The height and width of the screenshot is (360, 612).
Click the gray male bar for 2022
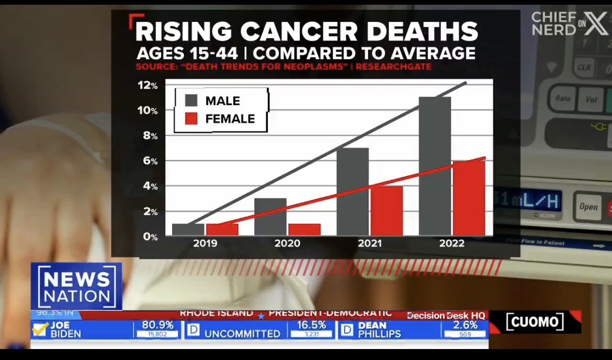coord(435,166)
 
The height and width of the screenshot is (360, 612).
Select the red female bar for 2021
coord(387,210)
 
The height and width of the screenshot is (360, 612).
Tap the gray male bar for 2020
coord(270,217)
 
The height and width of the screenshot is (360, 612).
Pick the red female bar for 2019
coord(222,229)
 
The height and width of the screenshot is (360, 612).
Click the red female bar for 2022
coord(469,198)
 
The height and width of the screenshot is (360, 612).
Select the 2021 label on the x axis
coord(370,243)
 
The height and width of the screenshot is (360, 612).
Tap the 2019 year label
coord(205,243)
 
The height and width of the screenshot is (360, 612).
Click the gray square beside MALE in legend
coord(191,100)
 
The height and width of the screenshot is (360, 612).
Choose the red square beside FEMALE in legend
coord(191,119)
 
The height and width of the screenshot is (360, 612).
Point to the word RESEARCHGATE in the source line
coord(394,67)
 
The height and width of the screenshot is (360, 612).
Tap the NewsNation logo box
coord(76,287)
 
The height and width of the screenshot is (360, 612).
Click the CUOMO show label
coord(535,322)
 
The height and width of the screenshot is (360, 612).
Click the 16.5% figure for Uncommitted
coord(311,325)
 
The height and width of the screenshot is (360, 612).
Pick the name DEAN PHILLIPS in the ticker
coord(379,329)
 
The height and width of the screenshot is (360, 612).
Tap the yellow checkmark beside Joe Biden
coord(40,329)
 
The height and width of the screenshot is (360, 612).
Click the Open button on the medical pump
coord(588,206)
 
